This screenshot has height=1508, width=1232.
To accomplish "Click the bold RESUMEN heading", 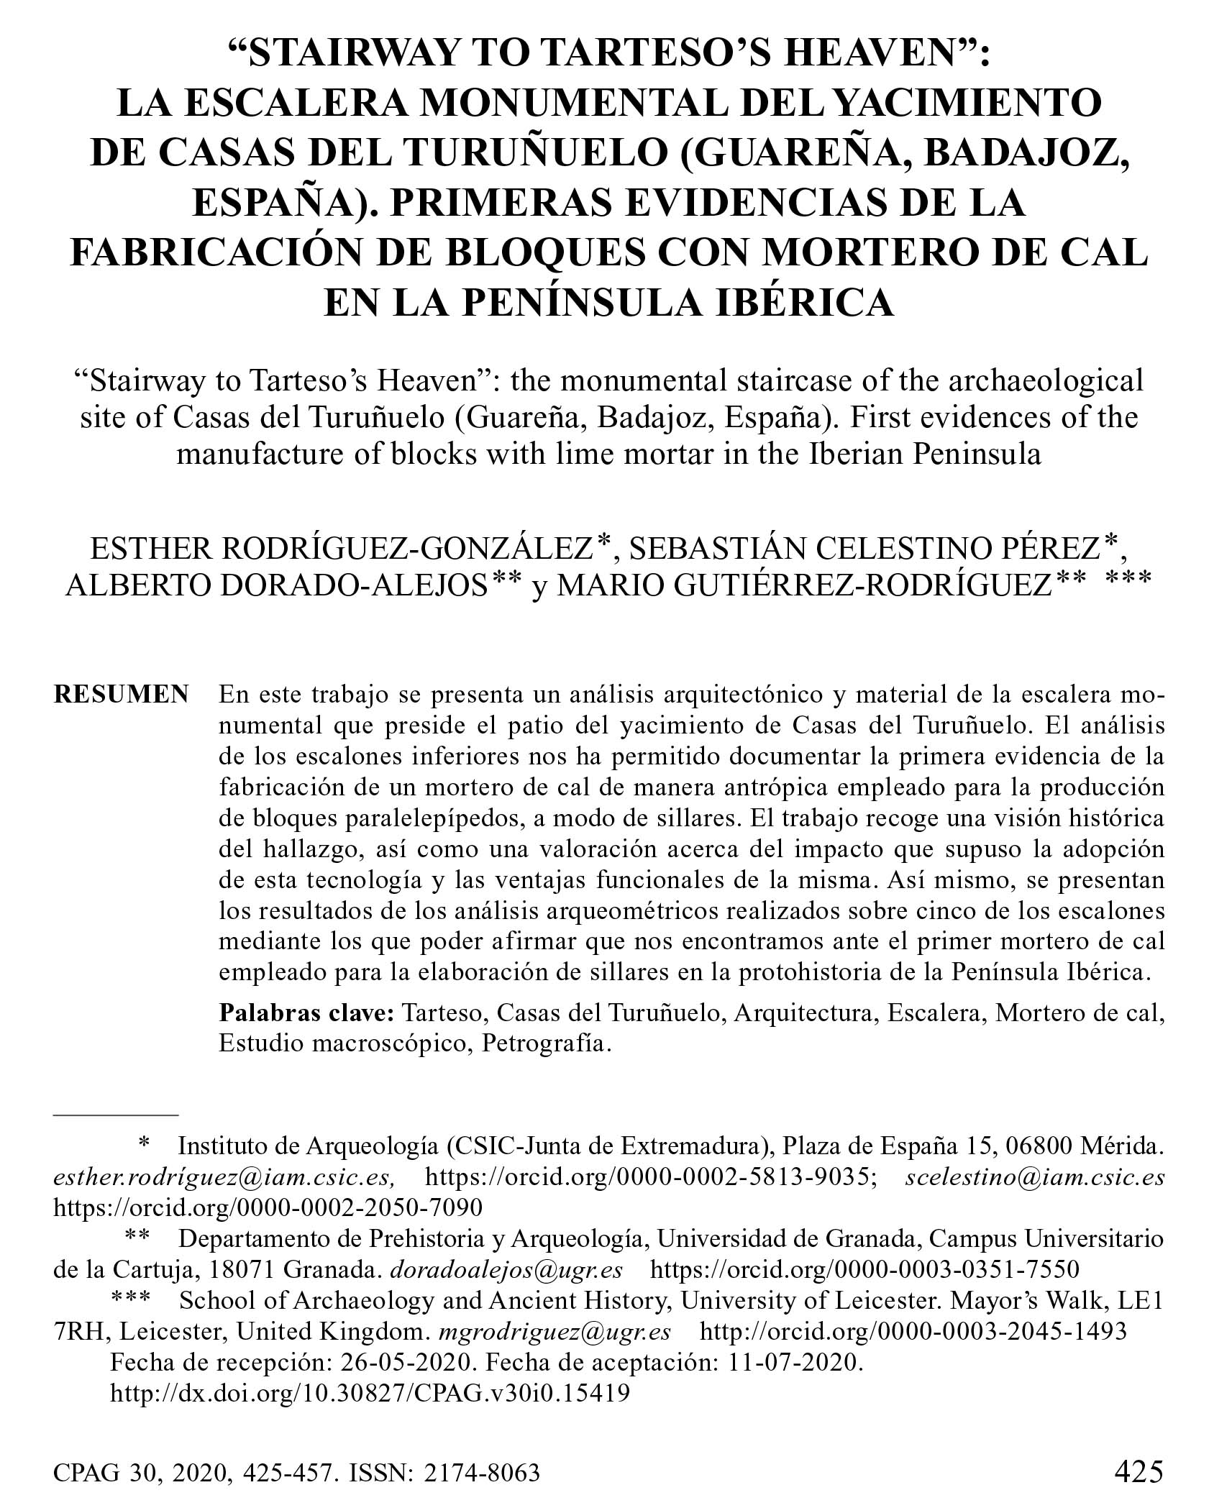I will point(121,695).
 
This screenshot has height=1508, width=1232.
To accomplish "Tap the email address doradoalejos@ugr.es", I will point(506,1269).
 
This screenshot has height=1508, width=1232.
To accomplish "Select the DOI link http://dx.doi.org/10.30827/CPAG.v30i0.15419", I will point(370,1393).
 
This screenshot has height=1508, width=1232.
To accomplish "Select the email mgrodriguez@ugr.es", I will point(555,1331).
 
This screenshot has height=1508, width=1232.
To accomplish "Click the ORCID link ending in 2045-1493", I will point(913,1331).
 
